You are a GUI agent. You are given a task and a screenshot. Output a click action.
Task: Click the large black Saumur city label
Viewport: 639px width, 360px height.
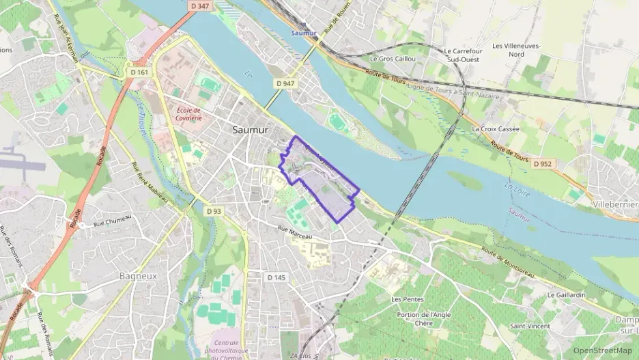pyautogui.click(x=251, y=129)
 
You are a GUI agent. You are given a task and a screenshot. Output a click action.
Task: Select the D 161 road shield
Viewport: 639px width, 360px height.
pyautogui.click(x=139, y=71)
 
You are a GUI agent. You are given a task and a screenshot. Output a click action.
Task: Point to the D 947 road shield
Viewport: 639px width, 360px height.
pyautogui.click(x=287, y=83)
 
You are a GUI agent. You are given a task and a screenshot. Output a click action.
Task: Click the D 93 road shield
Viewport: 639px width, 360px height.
pyautogui.click(x=214, y=212)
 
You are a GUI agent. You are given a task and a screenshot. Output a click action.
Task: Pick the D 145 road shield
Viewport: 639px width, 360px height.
pyautogui.click(x=276, y=277)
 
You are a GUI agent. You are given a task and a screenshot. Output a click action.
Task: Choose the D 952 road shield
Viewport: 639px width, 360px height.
pyautogui.click(x=543, y=164)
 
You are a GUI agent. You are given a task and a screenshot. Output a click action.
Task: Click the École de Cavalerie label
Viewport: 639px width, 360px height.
pyautogui.click(x=188, y=115)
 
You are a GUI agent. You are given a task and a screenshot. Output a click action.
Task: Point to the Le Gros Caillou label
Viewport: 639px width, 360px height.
pyautogui.click(x=393, y=59)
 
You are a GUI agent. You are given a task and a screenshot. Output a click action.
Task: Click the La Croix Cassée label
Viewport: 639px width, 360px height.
pyautogui.click(x=496, y=128)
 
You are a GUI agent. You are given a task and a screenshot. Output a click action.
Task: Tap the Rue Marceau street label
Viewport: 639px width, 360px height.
pyautogui.click(x=294, y=234)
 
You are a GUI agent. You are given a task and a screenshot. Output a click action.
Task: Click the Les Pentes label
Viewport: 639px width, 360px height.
pyautogui.click(x=408, y=299)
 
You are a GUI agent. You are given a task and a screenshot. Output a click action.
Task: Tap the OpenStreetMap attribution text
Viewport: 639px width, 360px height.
pyautogui.click(x=602, y=350)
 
